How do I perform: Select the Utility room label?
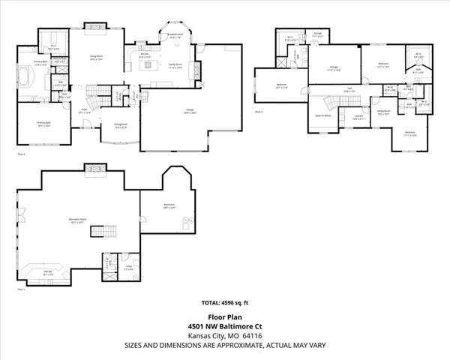[x=128, y=267]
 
